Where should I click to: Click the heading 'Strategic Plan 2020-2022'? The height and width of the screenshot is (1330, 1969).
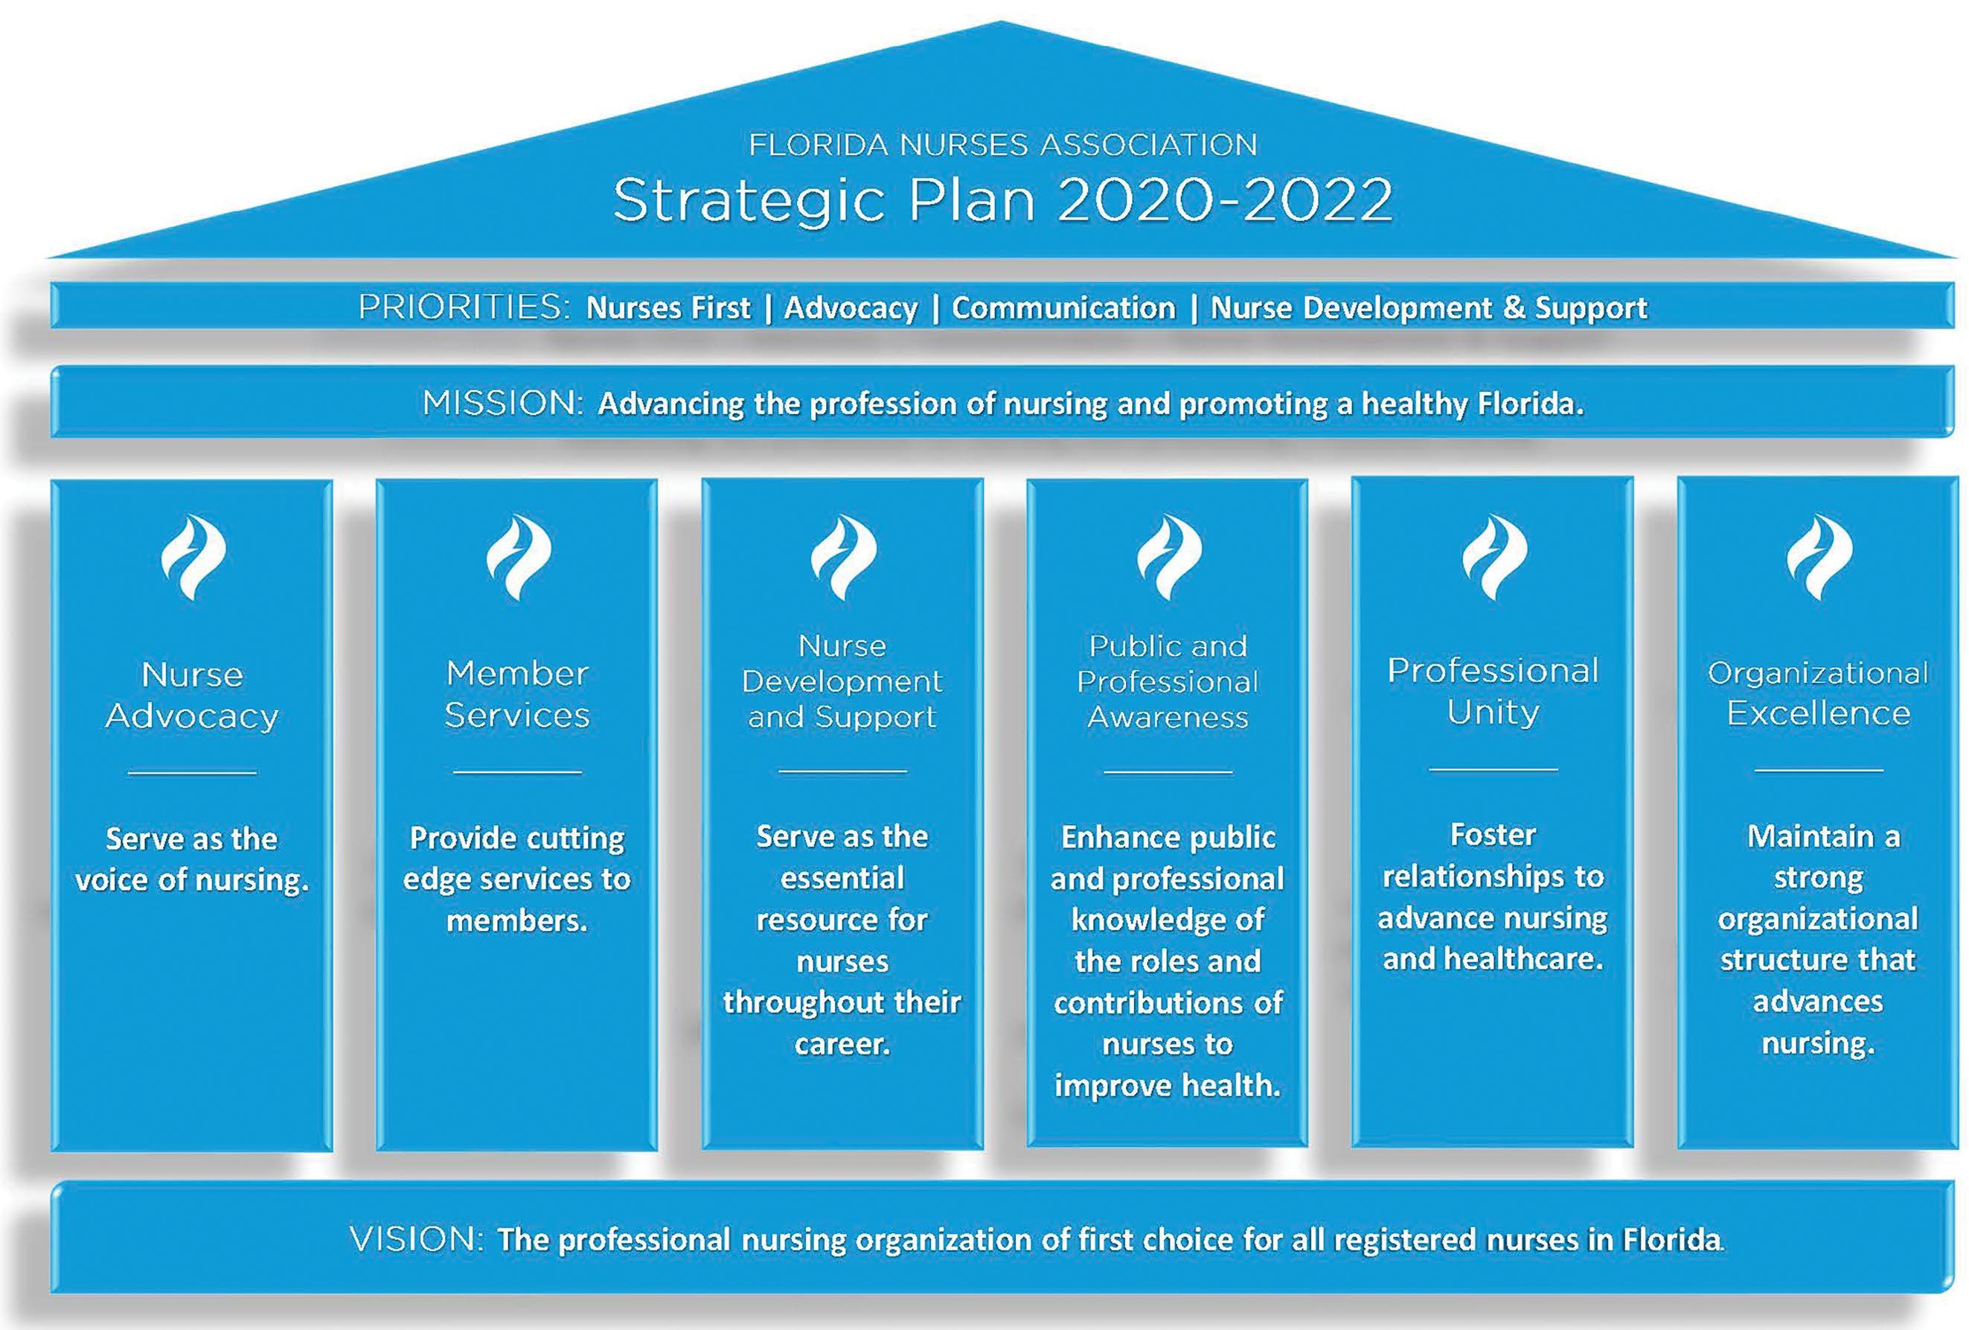1002,200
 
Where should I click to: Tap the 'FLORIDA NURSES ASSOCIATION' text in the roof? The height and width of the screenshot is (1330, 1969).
1002,145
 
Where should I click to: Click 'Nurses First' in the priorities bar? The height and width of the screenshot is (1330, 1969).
667,308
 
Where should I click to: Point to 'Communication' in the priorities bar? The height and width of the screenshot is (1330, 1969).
1063,308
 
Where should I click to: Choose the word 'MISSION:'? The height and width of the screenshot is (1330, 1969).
503,404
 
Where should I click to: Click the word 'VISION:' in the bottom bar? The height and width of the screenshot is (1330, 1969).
416,1239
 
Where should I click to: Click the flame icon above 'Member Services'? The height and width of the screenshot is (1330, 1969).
518,556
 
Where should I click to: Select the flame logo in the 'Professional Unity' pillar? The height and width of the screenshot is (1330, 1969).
1493,556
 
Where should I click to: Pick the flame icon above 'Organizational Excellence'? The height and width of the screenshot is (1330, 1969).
1818,556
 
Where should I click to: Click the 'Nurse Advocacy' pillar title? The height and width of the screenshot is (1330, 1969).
192,695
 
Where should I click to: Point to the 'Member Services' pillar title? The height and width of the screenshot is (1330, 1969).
518,694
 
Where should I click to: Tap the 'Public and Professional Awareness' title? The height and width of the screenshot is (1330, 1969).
1168,681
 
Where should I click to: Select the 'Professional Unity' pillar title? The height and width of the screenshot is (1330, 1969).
1493,691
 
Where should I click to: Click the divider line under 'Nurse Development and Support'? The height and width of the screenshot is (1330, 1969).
842,771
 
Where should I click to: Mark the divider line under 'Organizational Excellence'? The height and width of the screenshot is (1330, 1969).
1818,770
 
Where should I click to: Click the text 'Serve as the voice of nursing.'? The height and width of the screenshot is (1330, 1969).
192,859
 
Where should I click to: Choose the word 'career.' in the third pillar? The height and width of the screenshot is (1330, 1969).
842,1043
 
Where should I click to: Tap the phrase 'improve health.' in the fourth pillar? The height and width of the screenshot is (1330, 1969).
1168,1085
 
